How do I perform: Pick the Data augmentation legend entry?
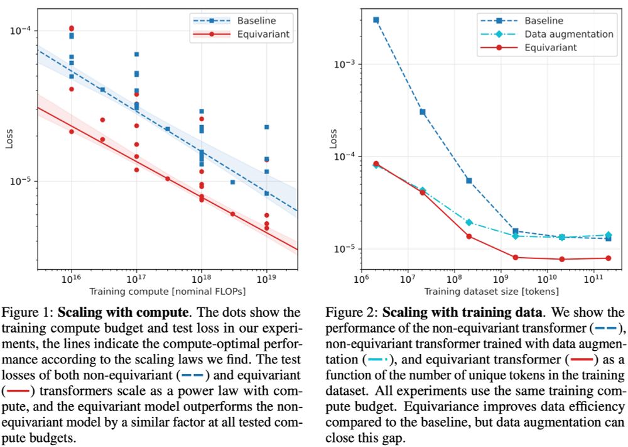pyautogui.click(x=569, y=34)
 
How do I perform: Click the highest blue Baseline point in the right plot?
pyautogui.click(x=376, y=20)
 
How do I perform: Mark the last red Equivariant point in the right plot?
pyautogui.click(x=608, y=258)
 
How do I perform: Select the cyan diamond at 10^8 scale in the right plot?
pyautogui.click(x=469, y=223)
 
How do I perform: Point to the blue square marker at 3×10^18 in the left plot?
pyautogui.click(x=232, y=182)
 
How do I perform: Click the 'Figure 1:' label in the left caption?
pyautogui.click(x=31, y=312)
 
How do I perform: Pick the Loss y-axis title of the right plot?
pyautogui.click(x=333, y=140)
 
